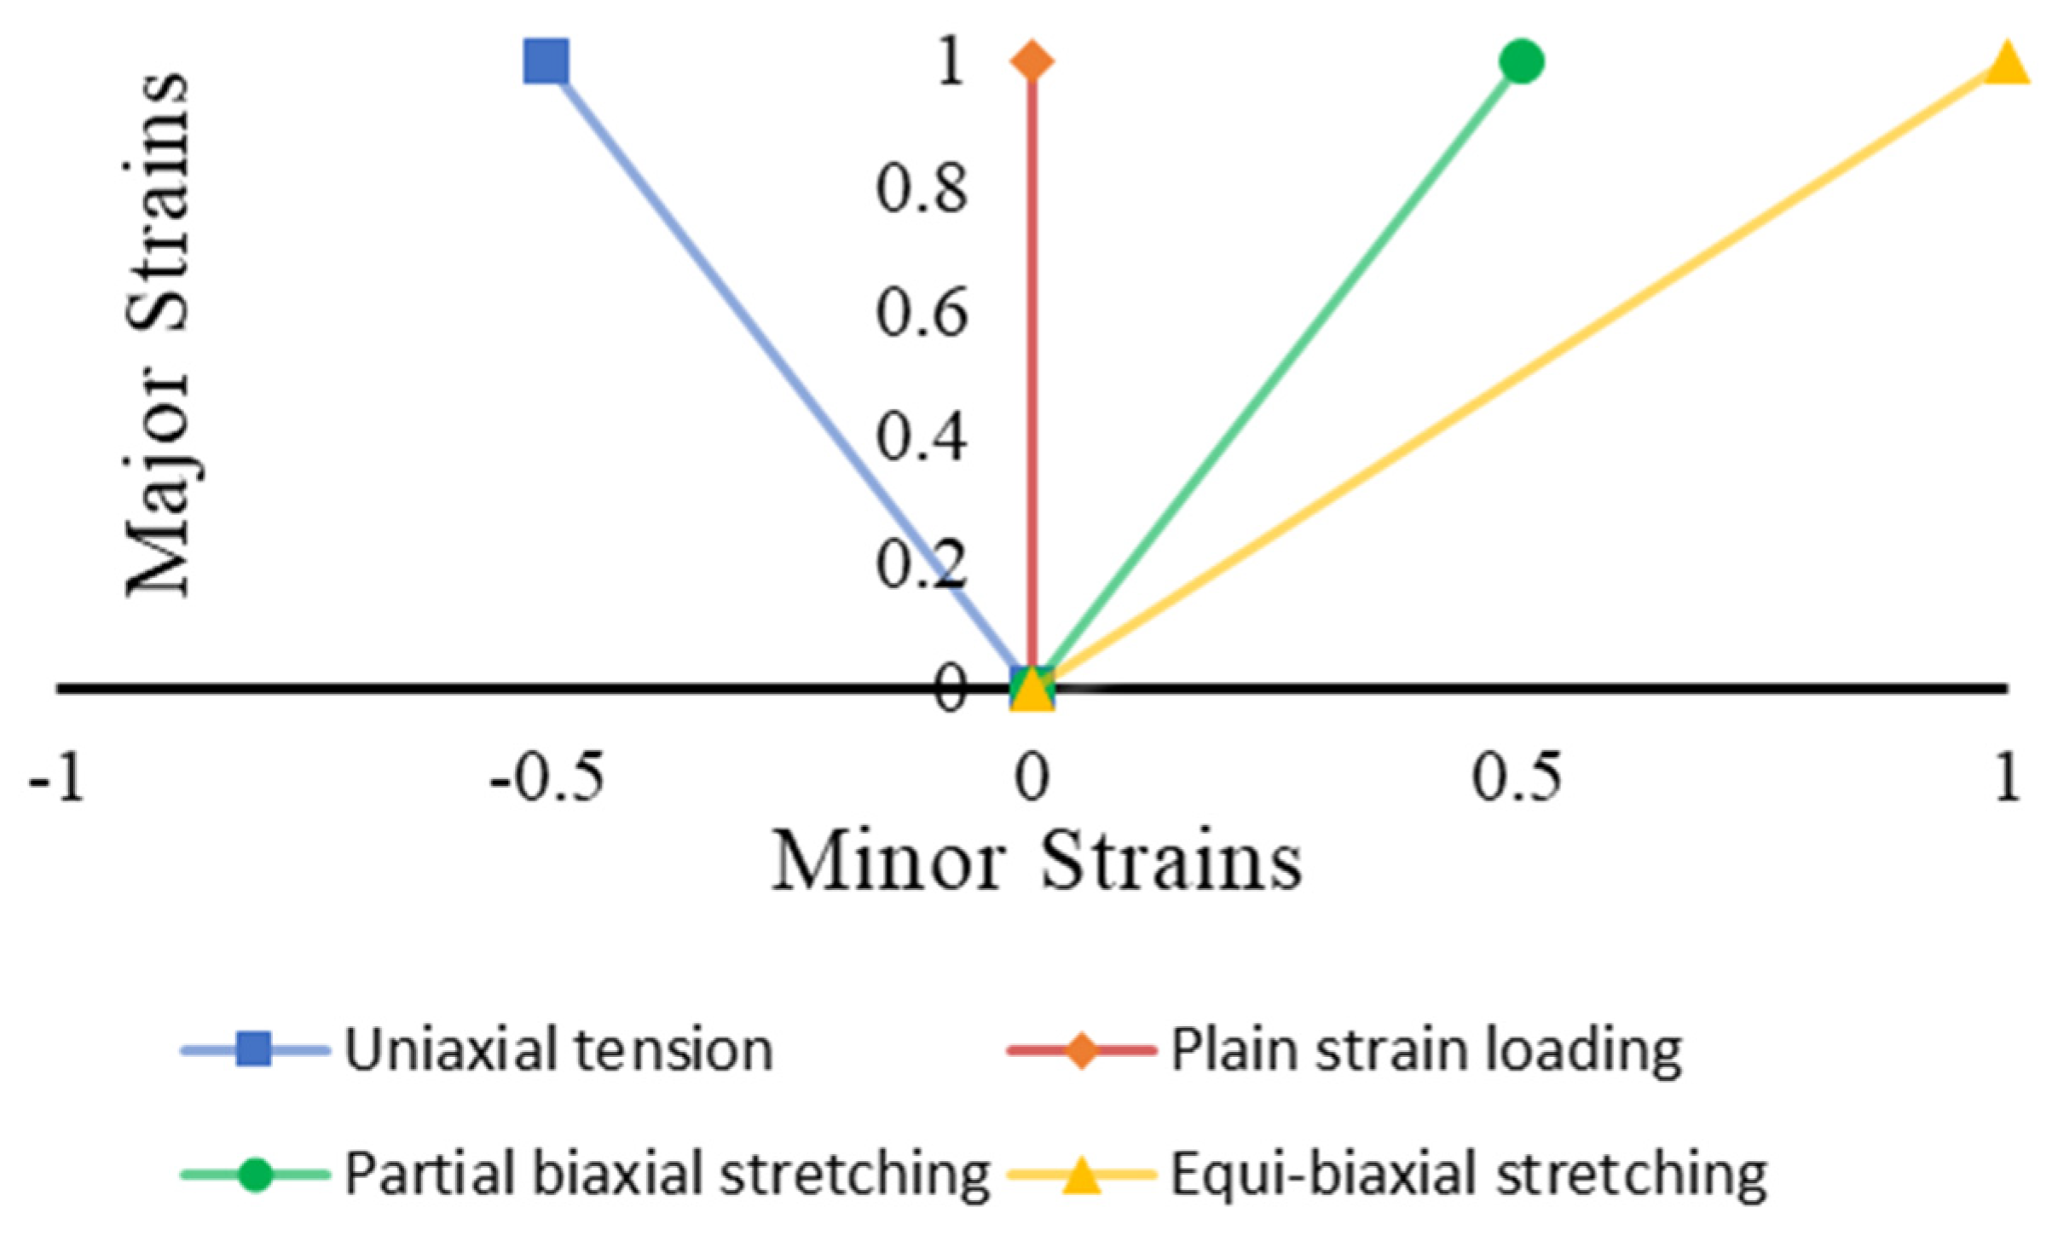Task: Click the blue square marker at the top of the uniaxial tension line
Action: [546, 61]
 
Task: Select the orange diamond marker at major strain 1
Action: [1032, 61]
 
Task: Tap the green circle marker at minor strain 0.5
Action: [1521, 61]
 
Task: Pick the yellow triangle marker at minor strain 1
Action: [2007, 65]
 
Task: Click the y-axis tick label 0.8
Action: [922, 188]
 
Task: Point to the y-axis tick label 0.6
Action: [922, 313]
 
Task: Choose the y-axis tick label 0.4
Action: [922, 437]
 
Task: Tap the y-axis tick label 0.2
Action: [922, 563]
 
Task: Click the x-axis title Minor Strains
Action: [1037, 862]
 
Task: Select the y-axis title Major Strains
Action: [157, 334]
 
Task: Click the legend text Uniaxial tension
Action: [558, 1049]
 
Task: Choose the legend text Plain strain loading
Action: [1426, 1049]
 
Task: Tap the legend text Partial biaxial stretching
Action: [667, 1175]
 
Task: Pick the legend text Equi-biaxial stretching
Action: [1468, 1175]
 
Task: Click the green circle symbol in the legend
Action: [254, 1175]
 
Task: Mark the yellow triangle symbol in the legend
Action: [1081, 1175]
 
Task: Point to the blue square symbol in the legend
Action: [254, 1049]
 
